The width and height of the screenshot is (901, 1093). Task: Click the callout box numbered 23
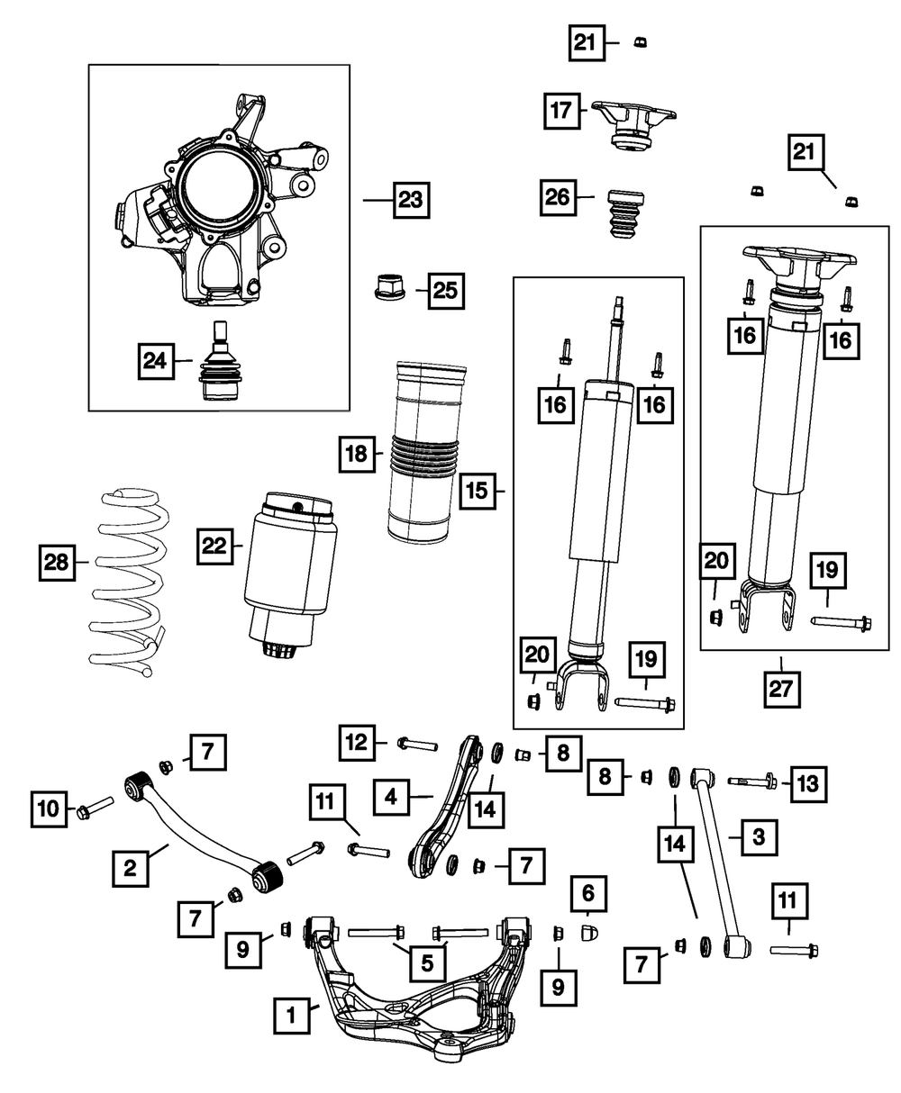click(x=411, y=200)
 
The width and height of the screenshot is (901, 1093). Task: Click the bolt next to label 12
click(x=415, y=745)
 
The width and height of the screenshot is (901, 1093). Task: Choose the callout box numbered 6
click(x=589, y=893)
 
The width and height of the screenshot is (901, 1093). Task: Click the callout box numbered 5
click(x=427, y=962)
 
